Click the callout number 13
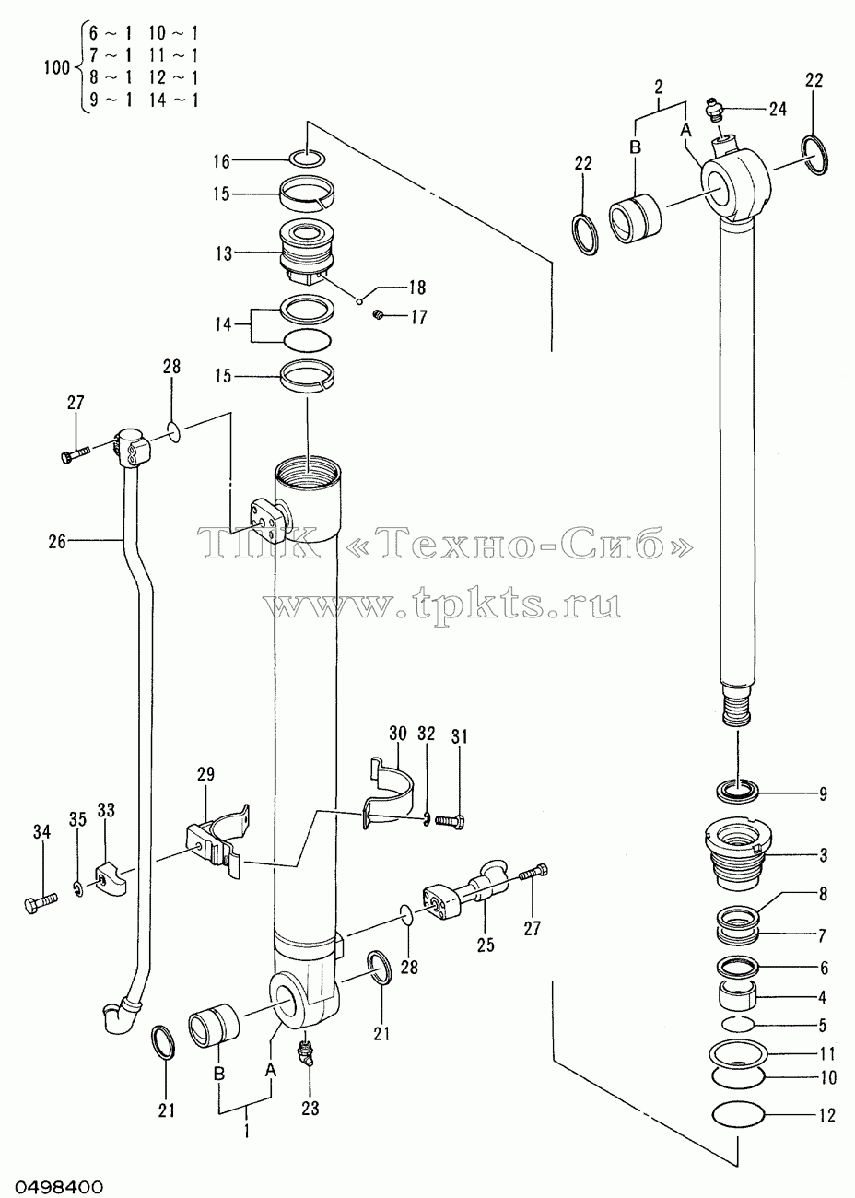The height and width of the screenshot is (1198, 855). (x=224, y=253)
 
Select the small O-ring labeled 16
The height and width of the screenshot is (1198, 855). (x=307, y=159)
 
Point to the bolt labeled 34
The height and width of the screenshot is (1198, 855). (x=41, y=904)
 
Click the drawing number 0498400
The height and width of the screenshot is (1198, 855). (x=52, y=1186)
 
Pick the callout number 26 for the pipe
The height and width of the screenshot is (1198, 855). (x=57, y=542)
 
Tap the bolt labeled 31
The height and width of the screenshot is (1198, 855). (x=450, y=820)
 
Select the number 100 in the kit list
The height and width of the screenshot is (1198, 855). (x=57, y=68)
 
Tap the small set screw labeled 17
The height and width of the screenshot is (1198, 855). (x=379, y=315)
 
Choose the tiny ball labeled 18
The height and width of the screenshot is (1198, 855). (x=360, y=300)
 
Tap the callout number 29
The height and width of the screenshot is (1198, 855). (x=205, y=774)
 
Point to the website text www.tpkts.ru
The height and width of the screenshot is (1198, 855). (x=441, y=606)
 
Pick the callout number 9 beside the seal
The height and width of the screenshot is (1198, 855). (x=823, y=793)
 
